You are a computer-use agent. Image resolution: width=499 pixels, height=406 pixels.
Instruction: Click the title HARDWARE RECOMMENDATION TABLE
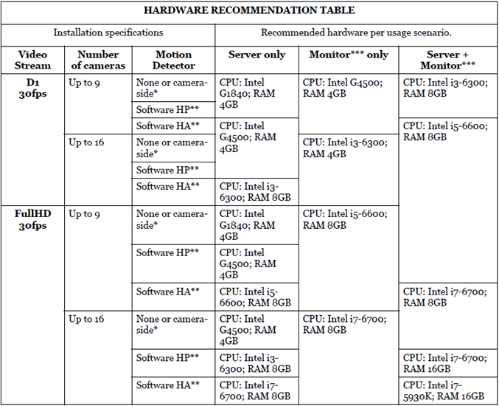(x=248, y=11)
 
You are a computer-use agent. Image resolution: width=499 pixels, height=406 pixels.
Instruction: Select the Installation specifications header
(x=108, y=33)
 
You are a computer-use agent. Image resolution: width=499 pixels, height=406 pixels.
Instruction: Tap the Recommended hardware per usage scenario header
(x=356, y=33)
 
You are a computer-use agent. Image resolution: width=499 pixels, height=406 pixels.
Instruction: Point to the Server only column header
(x=257, y=55)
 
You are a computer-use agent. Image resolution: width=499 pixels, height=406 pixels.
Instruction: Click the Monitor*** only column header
(x=348, y=55)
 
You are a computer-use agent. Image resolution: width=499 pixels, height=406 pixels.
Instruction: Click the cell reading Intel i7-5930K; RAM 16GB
(x=444, y=390)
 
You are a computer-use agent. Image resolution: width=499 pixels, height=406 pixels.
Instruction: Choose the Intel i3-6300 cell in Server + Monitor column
(x=444, y=89)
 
